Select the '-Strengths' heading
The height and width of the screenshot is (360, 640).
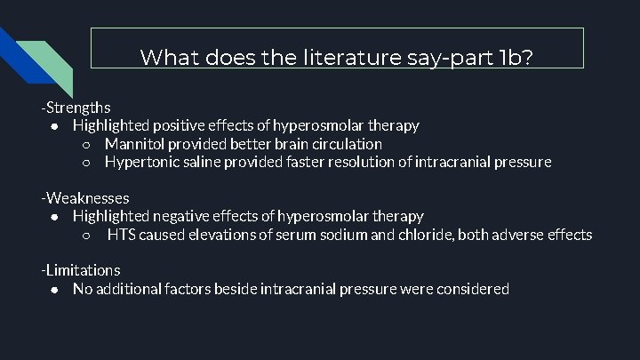pos(76,108)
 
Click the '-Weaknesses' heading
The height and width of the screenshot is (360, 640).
pos(85,197)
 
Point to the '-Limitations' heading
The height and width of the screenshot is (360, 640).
pos(81,270)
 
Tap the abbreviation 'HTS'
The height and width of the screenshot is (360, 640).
pos(123,235)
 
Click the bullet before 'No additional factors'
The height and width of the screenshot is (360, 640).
pos(55,290)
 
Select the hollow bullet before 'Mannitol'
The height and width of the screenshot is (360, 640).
pos(86,144)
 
